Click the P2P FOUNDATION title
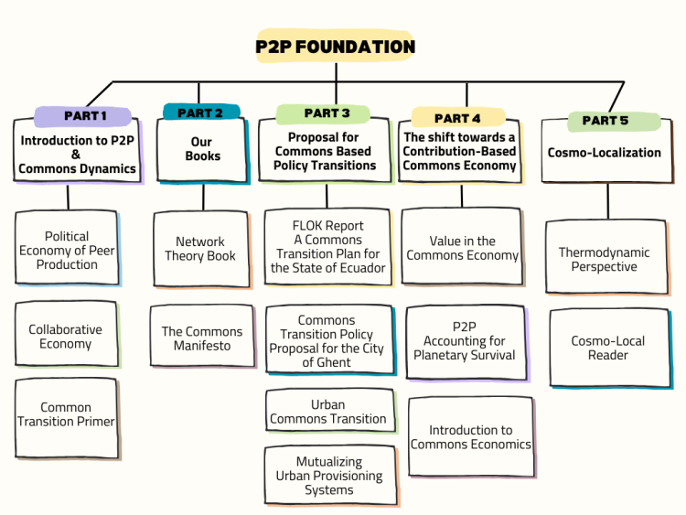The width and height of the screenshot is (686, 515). (x=335, y=46)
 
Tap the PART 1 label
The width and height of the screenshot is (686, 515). (x=85, y=116)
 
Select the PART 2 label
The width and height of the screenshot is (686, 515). (x=200, y=113)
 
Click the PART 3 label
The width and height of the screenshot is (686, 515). (x=327, y=113)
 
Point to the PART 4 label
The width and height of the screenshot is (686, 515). (x=457, y=118)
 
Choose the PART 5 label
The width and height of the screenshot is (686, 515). (x=605, y=121)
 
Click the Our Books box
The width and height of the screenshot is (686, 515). (x=202, y=149)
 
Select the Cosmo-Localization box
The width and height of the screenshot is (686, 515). (x=604, y=153)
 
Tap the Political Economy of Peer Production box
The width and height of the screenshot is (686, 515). (x=67, y=250)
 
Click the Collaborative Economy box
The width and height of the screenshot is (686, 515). (x=66, y=337)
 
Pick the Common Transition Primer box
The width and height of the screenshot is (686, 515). (x=66, y=415)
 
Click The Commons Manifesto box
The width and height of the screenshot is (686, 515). (x=202, y=338)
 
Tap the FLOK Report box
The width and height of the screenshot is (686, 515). (x=327, y=247)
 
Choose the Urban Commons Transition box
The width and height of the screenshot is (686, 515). (x=327, y=412)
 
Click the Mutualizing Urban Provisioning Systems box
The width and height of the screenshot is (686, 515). (x=329, y=476)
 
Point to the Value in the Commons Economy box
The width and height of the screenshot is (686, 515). (x=462, y=248)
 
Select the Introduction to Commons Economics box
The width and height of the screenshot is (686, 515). (x=470, y=437)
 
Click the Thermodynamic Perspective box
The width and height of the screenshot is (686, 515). (x=604, y=259)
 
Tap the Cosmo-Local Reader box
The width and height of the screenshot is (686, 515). (x=607, y=348)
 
